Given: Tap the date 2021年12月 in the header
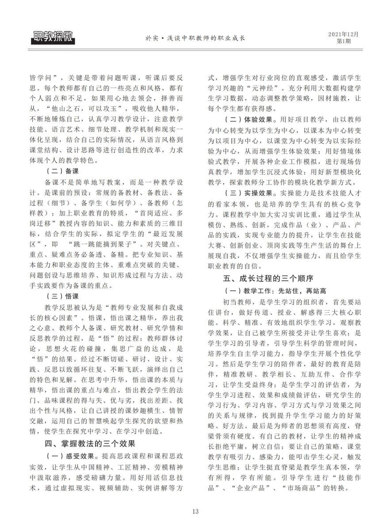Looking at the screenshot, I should click(344, 34).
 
